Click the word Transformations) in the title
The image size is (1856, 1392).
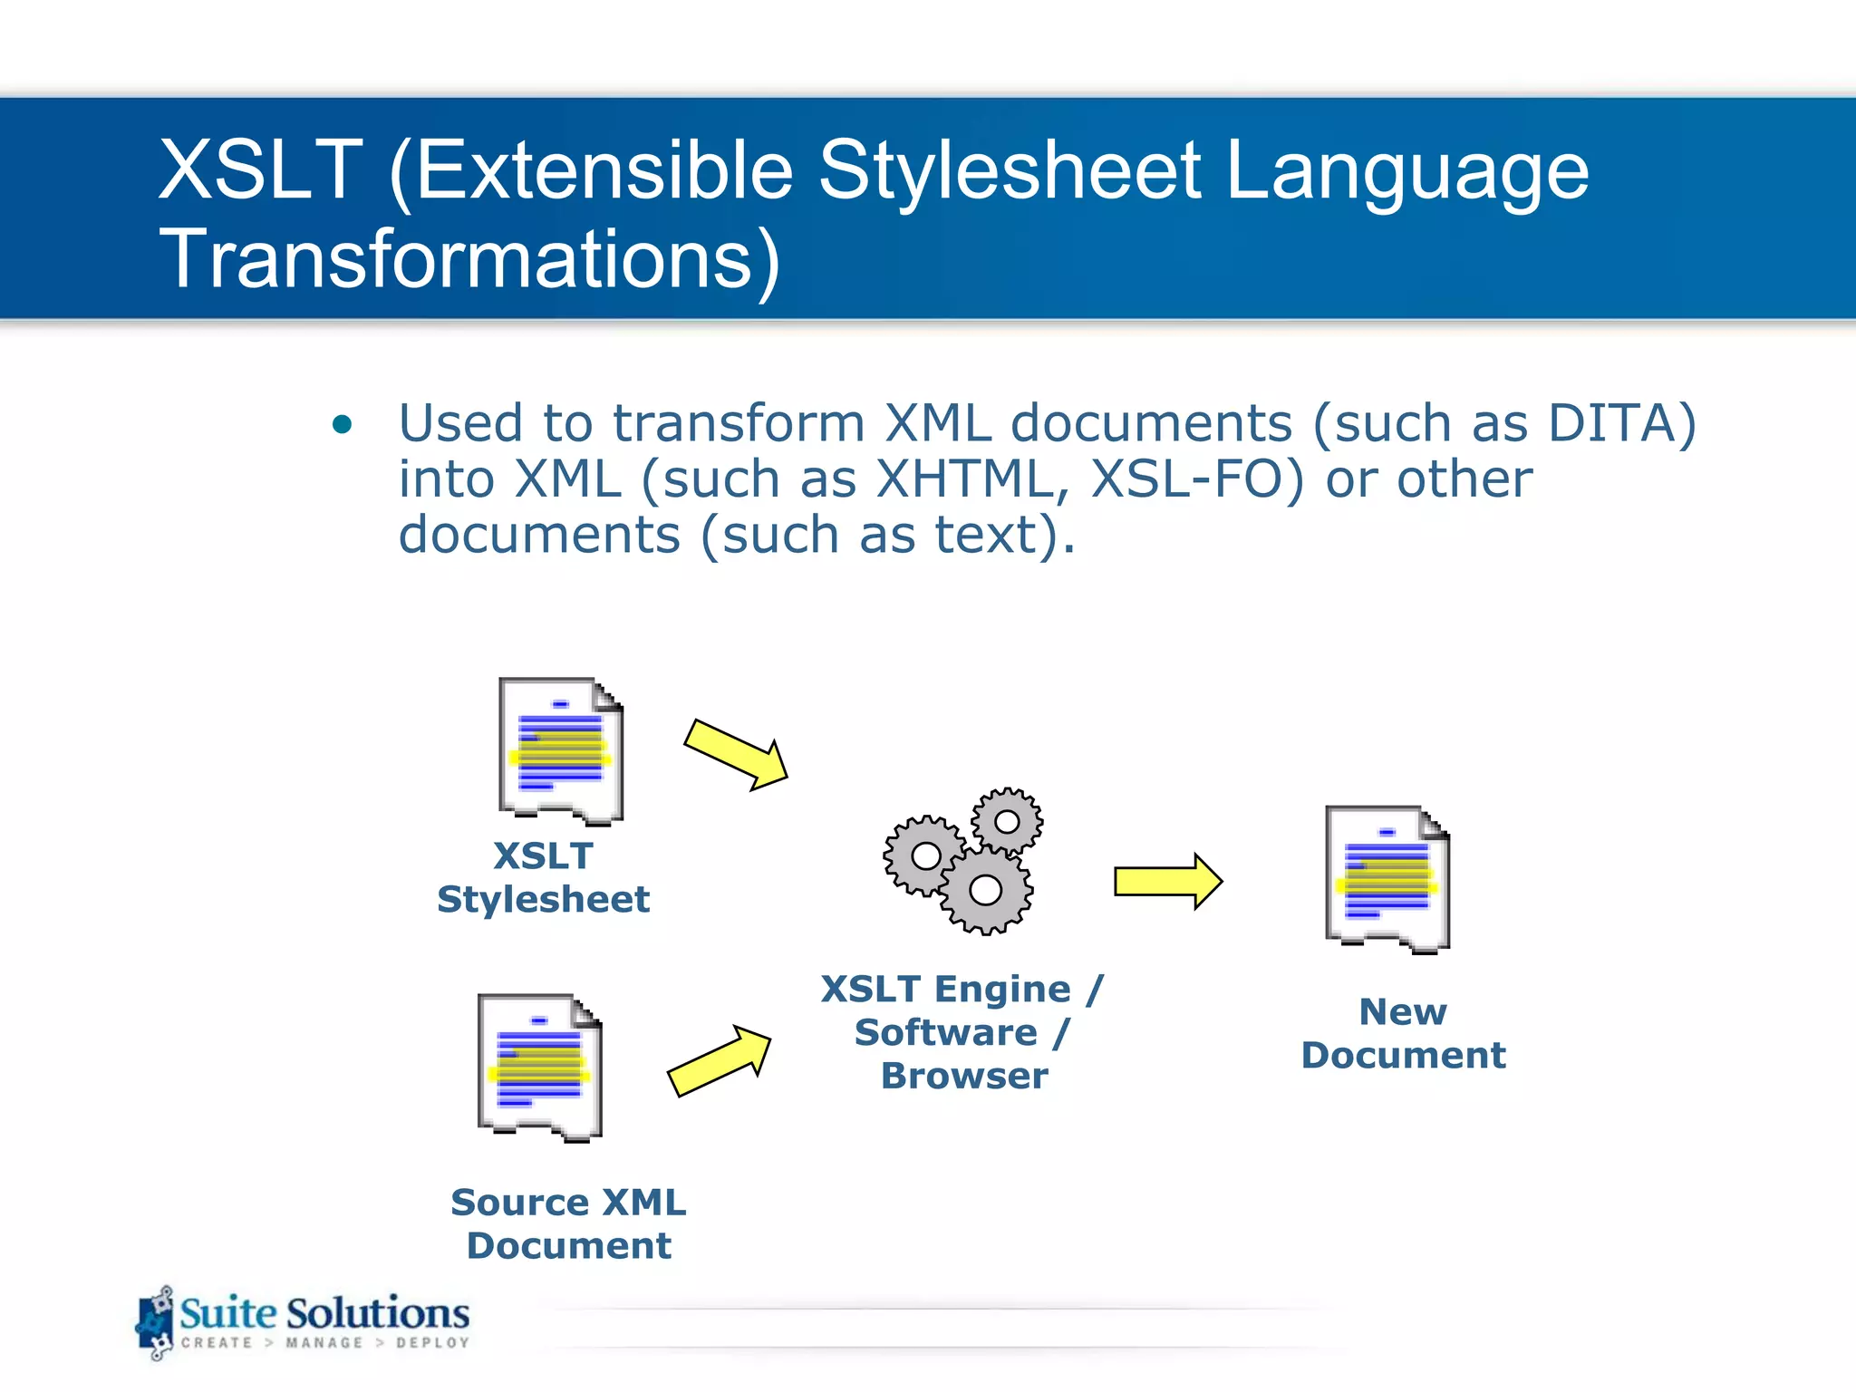tap(469, 260)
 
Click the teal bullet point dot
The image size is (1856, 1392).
tap(342, 424)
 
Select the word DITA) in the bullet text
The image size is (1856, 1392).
tap(1621, 423)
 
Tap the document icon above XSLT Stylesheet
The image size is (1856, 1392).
tap(561, 751)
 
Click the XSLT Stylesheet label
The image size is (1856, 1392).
tap(544, 877)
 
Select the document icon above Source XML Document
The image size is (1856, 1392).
tap(540, 1068)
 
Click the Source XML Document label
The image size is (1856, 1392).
tap(569, 1223)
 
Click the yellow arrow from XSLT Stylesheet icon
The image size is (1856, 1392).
tap(736, 754)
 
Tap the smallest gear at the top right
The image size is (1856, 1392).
tap(1007, 822)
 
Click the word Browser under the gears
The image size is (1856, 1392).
tap(964, 1076)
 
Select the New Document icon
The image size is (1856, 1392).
tap(1387, 879)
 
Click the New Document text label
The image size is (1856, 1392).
tap(1403, 1033)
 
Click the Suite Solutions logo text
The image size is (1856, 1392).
tap(324, 1313)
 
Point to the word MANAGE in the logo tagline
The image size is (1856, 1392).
tap(324, 1343)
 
